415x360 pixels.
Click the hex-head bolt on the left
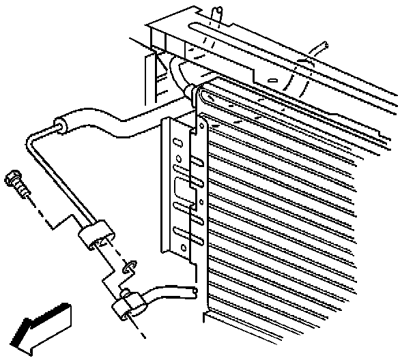pyautogui.click(x=16, y=183)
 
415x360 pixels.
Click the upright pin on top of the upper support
pyautogui.click(x=217, y=14)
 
